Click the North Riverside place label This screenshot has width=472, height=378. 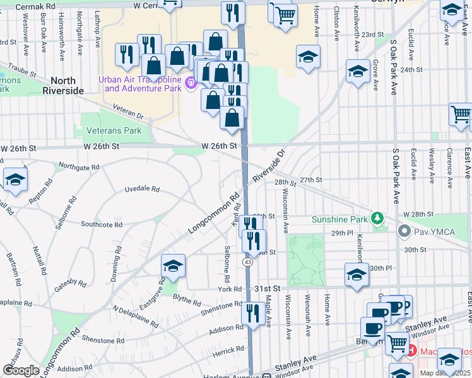pyautogui.click(x=63, y=85)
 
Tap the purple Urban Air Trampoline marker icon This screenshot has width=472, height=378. pyautogui.click(x=190, y=81)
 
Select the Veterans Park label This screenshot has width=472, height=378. pyautogui.click(x=115, y=130)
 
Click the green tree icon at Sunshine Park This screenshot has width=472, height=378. pyautogui.click(x=377, y=219)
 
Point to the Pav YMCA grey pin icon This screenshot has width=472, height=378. pyautogui.click(x=403, y=232)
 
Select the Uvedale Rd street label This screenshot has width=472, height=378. pyautogui.click(x=141, y=189)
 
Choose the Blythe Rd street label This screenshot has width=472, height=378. pyautogui.click(x=186, y=302)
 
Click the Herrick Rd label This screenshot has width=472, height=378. pyautogui.click(x=228, y=352)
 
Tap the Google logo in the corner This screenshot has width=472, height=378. pyautogui.click(x=21, y=370)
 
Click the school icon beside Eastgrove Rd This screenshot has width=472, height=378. pyautogui.click(x=172, y=266)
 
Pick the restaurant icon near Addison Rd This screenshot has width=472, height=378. pyautogui.click(x=253, y=313)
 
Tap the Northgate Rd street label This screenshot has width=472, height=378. pyautogui.click(x=78, y=167)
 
